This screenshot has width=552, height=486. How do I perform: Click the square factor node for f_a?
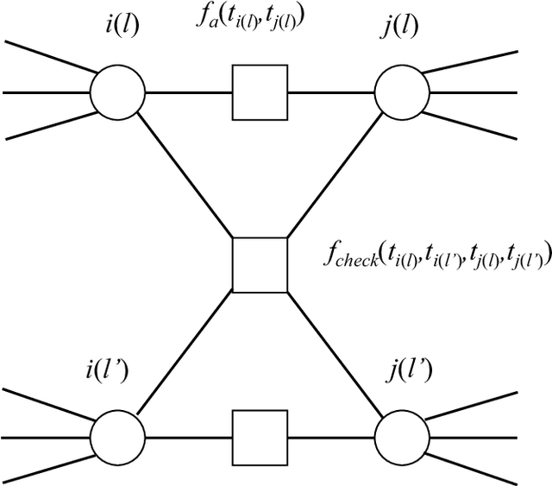click(x=260, y=92)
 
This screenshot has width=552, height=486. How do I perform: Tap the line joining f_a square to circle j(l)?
click(x=331, y=92)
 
